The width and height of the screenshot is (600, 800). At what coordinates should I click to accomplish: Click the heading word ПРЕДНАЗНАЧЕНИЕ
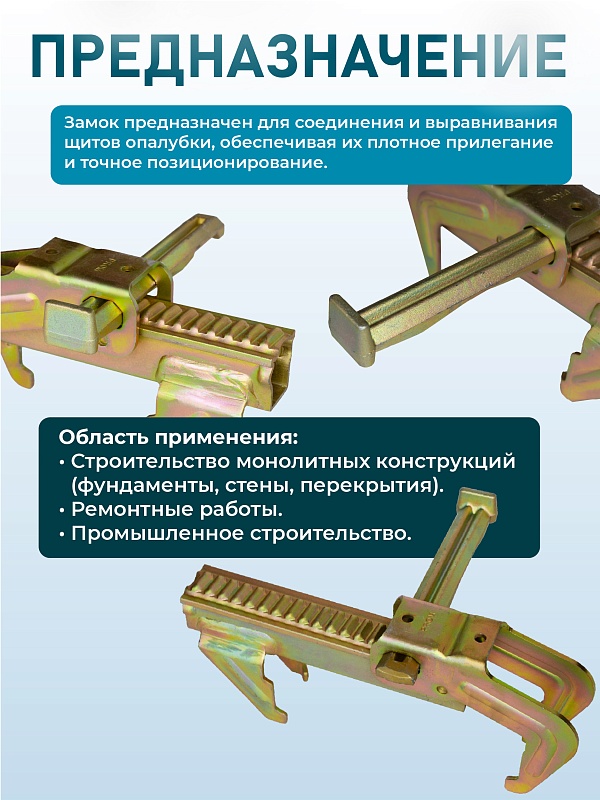coord(299,59)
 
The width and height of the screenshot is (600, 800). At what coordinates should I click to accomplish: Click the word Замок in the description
coord(92,124)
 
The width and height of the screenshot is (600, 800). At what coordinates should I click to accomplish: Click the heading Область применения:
coord(178,438)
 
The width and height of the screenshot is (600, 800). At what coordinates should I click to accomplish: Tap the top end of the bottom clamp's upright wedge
coord(482,500)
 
